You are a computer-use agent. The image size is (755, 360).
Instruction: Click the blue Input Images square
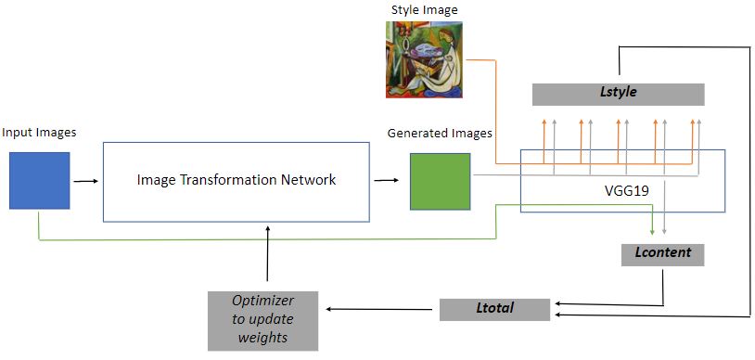[x=40, y=181]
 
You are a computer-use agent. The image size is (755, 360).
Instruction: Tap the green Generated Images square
[x=441, y=181]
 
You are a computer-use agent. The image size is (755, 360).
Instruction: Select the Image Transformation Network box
[x=236, y=182]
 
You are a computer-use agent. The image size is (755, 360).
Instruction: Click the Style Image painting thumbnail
[x=423, y=58]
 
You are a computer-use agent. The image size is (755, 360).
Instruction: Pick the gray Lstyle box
[x=618, y=94]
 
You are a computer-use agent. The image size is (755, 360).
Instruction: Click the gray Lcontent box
[x=657, y=252]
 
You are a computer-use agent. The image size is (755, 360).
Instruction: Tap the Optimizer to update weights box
[x=263, y=320]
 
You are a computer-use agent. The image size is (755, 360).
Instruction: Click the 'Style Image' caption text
[x=423, y=10]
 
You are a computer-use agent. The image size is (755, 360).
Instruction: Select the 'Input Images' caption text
[x=39, y=133]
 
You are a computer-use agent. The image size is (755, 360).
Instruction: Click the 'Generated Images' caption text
[x=440, y=134]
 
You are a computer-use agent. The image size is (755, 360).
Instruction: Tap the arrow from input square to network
[x=85, y=181]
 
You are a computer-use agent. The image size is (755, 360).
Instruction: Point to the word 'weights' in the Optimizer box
[x=263, y=338]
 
